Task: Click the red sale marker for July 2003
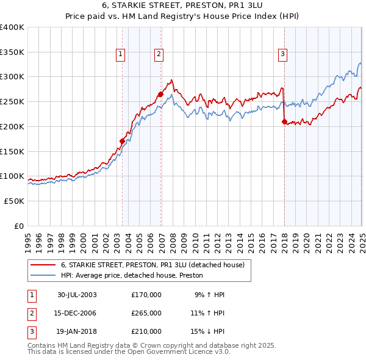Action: point(122,141)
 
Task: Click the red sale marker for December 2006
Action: point(160,94)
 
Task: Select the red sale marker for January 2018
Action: point(284,121)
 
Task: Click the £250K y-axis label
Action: point(12,101)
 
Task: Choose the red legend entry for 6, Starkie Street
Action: point(152,265)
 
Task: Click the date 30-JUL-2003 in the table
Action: point(77,295)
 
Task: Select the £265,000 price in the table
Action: point(146,313)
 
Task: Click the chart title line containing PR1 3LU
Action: point(183,7)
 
